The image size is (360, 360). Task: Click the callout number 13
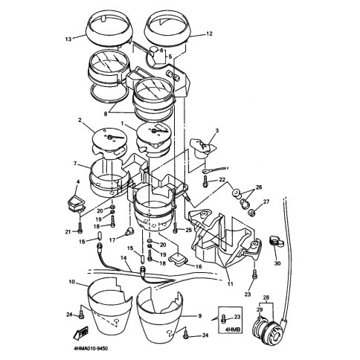(68, 39)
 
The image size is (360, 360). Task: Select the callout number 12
(209, 33)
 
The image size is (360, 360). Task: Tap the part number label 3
(216, 131)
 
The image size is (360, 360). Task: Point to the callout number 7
(75, 163)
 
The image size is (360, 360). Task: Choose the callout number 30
(277, 263)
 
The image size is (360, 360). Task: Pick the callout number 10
(71, 282)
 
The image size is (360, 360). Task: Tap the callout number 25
(189, 231)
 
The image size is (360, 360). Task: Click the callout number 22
(222, 180)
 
